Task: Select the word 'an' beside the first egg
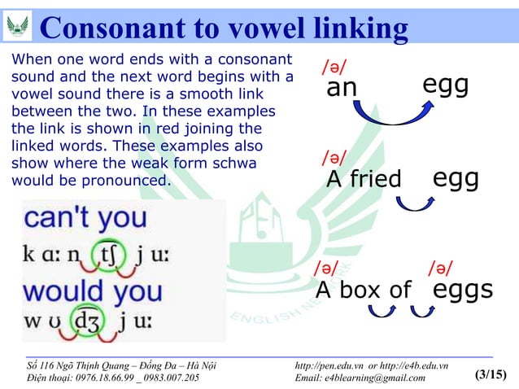(342, 87)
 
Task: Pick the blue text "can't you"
(85, 217)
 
